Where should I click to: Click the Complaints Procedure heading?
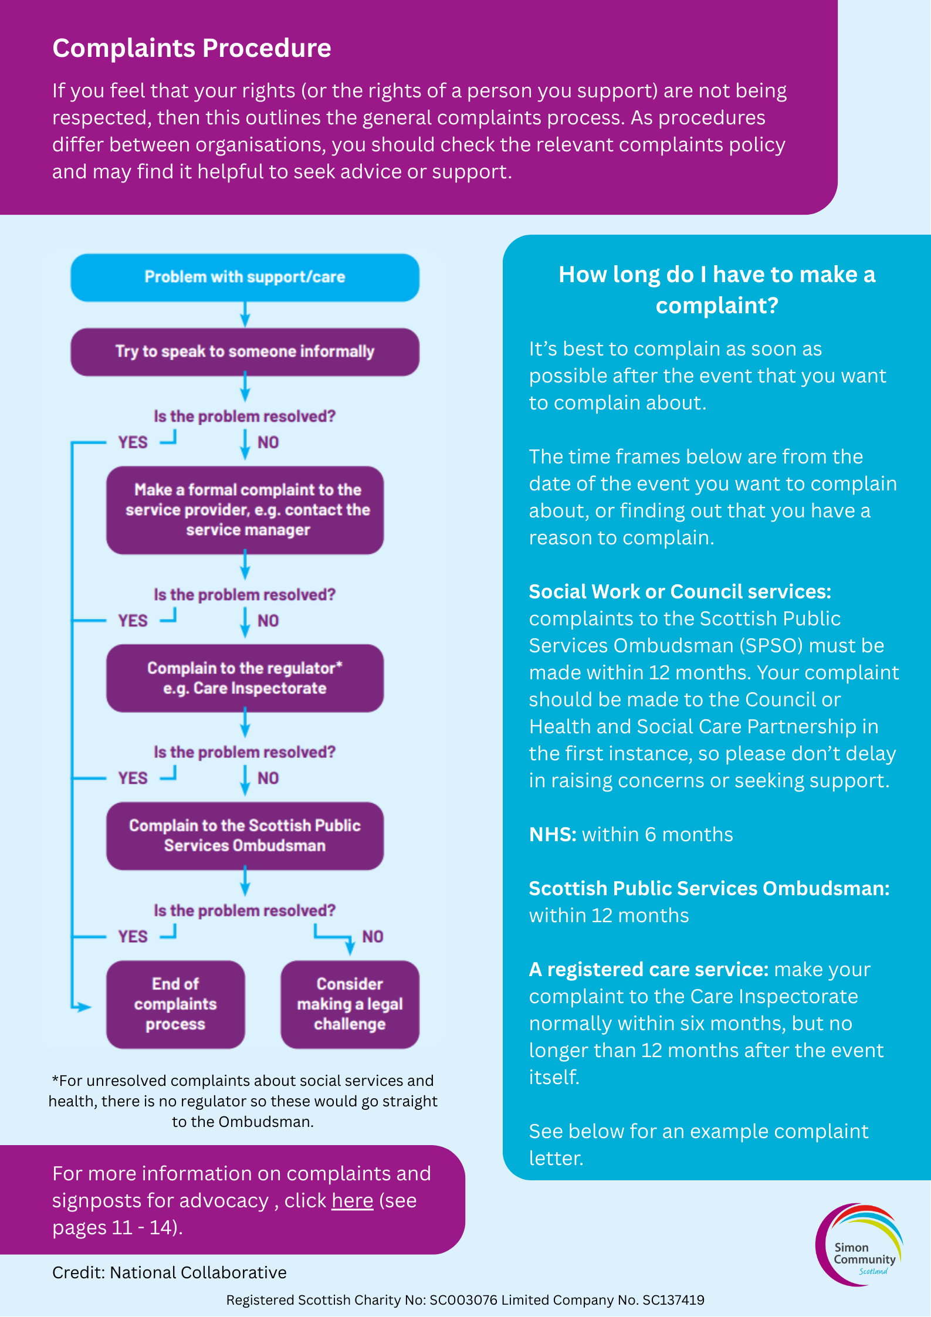[x=192, y=48]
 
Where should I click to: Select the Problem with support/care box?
[x=245, y=277]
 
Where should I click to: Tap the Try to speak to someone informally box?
[x=245, y=352]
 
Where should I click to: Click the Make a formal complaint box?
[x=245, y=510]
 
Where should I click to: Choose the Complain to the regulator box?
[x=245, y=678]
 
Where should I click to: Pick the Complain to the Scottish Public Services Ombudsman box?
[x=245, y=835]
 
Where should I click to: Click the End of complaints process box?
[x=175, y=1004]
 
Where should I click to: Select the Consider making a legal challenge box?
[x=350, y=1004]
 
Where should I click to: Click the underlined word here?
[x=352, y=1201]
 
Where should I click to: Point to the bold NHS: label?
[x=553, y=834]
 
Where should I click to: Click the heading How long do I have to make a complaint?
[x=716, y=290]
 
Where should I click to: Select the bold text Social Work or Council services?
[x=679, y=591]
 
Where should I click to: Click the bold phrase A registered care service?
[x=648, y=969]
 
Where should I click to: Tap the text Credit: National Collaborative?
[x=170, y=1272]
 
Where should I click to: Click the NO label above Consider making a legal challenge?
[x=373, y=936]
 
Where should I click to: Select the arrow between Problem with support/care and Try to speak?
[x=245, y=315]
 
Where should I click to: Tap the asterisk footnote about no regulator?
[x=243, y=1101]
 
